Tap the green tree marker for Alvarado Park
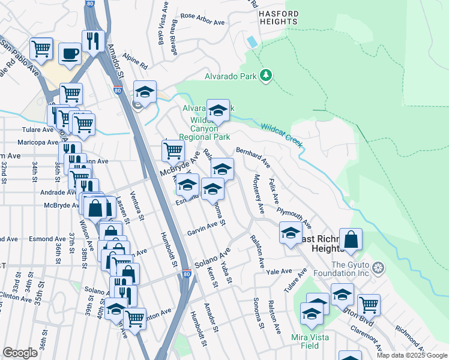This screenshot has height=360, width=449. pos(265,76)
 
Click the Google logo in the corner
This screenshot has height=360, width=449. pos(20,353)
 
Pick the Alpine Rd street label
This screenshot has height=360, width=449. pos(135,63)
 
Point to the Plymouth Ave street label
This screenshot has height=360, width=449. pos(294,218)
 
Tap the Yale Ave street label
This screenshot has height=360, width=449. pos(279,272)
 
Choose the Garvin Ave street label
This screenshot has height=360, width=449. pos(202,229)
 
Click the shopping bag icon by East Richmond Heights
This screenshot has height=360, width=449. pos(351,240)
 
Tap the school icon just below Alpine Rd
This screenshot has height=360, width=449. pos(145,92)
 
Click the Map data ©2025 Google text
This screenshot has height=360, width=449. pos(411,355)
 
